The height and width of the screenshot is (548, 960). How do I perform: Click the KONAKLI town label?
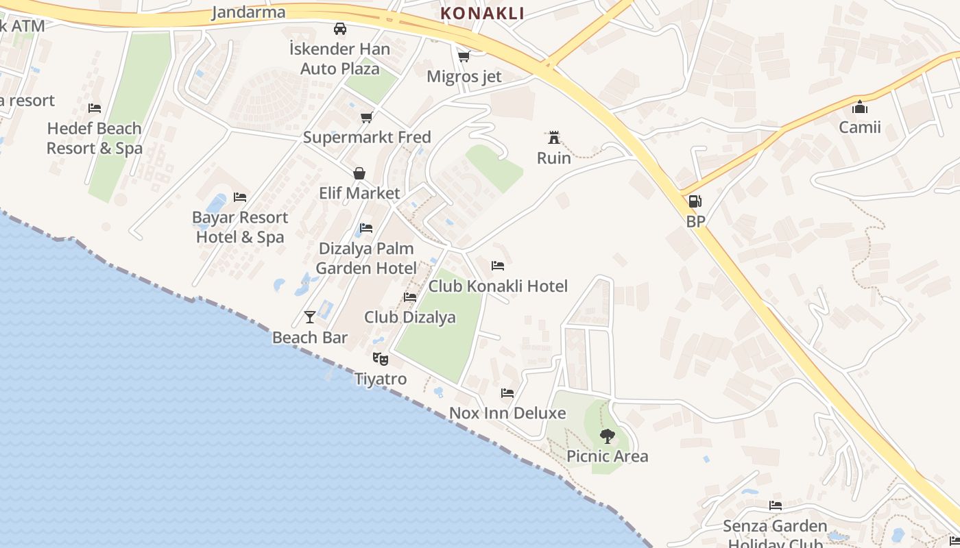[x=482, y=13]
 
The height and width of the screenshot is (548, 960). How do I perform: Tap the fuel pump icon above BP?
[x=695, y=201]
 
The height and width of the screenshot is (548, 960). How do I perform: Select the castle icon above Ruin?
[x=553, y=138]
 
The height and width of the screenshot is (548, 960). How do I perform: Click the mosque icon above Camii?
[x=859, y=107]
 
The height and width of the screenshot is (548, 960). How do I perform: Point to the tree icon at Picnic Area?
[x=607, y=436]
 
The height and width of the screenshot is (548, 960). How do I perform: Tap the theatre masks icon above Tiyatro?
[x=380, y=358]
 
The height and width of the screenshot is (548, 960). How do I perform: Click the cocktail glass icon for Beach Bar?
[x=310, y=316]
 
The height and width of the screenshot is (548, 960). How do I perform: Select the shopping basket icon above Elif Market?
[x=359, y=173]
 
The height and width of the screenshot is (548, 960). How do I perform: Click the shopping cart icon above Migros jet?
[x=464, y=56]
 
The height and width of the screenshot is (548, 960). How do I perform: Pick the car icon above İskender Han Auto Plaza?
[x=339, y=29]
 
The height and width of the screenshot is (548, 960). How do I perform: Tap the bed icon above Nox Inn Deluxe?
[x=507, y=393]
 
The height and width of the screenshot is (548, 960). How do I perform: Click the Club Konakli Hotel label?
[x=498, y=286]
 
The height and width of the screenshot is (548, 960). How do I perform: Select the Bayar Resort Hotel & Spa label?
[x=240, y=227]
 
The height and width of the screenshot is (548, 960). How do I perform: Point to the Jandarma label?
[x=248, y=12]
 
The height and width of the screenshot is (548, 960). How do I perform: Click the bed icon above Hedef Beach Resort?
[x=95, y=108]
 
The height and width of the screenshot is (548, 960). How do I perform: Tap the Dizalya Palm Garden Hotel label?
[x=366, y=258]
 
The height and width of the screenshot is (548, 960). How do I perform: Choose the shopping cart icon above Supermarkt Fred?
[x=367, y=117]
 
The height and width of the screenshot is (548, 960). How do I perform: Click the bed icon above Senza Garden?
[x=776, y=506]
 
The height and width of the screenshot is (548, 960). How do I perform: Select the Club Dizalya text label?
[x=409, y=317]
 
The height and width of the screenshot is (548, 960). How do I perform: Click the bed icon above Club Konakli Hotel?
[x=498, y=265]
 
